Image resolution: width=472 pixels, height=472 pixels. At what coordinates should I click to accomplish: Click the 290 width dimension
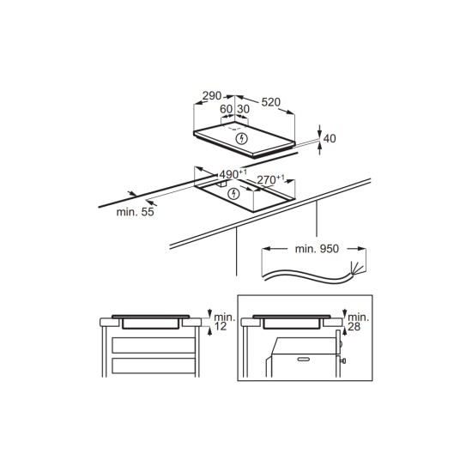[212, 95]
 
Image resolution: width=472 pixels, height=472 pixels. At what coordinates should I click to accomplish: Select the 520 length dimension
[270, 102]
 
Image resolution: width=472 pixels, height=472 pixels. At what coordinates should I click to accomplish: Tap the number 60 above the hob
[226, 109]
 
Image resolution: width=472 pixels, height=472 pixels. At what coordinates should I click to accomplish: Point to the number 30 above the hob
[243, 109]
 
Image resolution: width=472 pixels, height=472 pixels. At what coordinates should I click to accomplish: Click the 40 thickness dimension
[330, 138]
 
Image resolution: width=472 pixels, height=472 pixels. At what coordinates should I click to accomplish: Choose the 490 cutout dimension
[233, 174]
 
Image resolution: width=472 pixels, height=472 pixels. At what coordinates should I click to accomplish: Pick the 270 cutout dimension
[270, 179]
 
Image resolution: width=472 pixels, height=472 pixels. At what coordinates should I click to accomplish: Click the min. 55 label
[135, 212]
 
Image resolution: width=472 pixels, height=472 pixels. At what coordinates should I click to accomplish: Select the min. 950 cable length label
[317, 249]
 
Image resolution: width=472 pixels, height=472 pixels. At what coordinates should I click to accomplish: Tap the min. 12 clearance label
[224, 322]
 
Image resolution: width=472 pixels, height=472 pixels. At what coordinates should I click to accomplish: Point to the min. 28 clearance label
[358, 322]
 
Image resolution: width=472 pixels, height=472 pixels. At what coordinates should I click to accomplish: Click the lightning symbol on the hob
[242, 139]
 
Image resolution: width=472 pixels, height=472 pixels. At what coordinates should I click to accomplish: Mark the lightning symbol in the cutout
[233, 194]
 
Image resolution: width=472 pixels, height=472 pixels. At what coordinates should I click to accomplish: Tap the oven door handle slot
[304, 359]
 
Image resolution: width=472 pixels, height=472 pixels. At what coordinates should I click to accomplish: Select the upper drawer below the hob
[154, 345]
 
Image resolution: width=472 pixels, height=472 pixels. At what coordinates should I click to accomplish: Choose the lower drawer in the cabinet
[154, 366]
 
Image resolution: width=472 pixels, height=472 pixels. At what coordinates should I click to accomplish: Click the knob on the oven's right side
[343, 360]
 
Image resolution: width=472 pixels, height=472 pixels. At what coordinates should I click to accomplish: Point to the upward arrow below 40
[320, 148]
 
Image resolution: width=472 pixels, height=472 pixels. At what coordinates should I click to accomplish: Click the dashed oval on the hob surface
[234, 128]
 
